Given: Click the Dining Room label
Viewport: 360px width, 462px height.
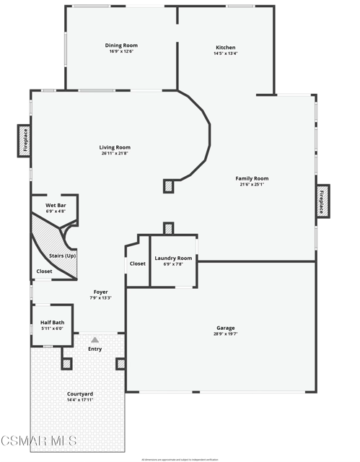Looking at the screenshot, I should click(x=121, y=45).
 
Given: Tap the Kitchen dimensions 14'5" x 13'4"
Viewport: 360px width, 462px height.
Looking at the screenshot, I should click(x=225, y=53).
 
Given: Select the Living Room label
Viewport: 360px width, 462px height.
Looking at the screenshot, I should click(x=115, y=147).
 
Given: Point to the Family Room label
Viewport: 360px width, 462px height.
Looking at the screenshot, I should click(x=252, y=178).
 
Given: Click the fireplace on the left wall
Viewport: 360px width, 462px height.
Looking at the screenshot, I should click(x=23, y=141).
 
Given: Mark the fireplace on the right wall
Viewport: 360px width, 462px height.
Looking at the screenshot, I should click(x=322, y=201).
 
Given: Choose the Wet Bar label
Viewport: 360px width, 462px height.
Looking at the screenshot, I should click(x=56, y=206).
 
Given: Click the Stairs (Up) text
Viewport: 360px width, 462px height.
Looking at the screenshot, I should click(x=62, y=256).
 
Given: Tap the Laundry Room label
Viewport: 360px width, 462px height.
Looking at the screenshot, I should click(x=174, y=258).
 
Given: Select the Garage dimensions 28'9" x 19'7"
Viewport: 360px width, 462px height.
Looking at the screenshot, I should click(x=225, y=334).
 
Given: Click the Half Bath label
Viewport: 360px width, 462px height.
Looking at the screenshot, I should click(x=52, y=322).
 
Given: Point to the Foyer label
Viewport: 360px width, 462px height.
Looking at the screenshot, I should click(x=100, y=292).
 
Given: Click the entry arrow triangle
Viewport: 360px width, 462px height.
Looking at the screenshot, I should click(x=95, y=339).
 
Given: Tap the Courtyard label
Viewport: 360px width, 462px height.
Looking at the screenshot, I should click(x=80, y=393).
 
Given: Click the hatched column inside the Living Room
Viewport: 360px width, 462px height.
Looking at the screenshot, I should click(x=168, y=186).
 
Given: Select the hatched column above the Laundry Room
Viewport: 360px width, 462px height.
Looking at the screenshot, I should click(x=168, y=228).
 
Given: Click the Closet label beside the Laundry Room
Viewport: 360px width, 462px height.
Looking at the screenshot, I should click(x=137, y=263).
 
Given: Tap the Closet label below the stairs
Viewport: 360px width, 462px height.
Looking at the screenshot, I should click(x=44, y=271).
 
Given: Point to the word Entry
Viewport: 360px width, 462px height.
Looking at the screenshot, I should click(x=95, y=349).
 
